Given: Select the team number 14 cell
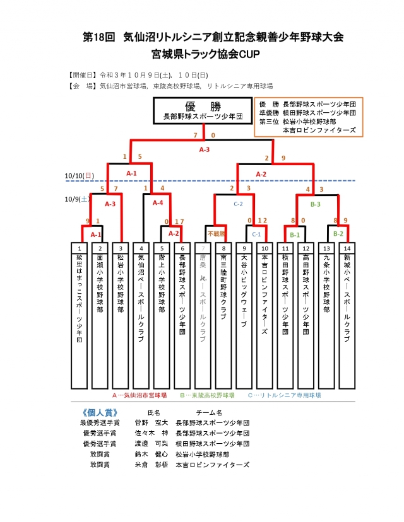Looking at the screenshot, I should (x=346, y=248).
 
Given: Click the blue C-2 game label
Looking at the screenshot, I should (x=239, y=204).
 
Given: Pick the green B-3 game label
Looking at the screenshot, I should (x=316, y=204).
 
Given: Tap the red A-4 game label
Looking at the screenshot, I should (x=157, y=202).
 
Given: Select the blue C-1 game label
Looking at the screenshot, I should (x=256, y=234).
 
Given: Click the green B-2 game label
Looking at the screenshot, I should (x=338, y=234).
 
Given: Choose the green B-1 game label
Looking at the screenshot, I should (x=295, y=234).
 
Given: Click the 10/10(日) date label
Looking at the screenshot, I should (x=79, y=175).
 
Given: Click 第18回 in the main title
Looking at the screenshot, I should (x=98, y=37).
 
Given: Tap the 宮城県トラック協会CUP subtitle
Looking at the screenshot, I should (x=201, y=54).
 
